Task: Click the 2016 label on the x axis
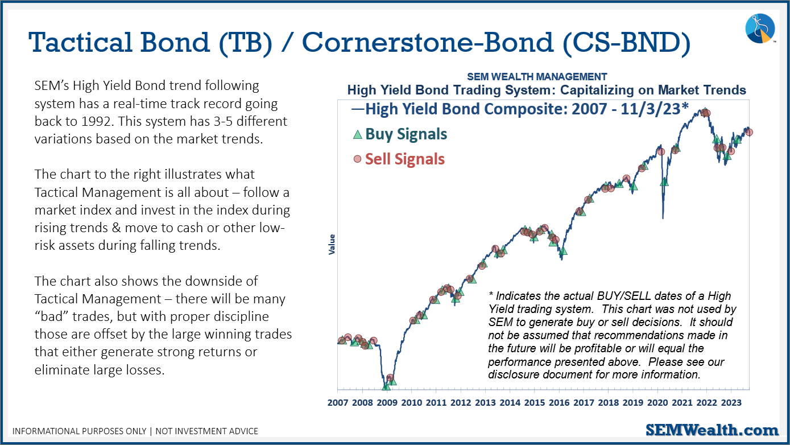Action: (x=559, y=403)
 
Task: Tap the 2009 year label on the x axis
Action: (x=387, y=403)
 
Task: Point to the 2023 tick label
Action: (x=731, y=403)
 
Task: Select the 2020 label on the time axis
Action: (x=657, y=403)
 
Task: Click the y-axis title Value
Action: (x=332, y=244)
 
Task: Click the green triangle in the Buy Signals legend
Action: (x=358, y=134)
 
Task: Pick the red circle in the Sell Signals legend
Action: (x=358, y=159)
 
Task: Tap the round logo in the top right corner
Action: (x=760, y=28)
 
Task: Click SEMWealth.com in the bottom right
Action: (x=712, y=430)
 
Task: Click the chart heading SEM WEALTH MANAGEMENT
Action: (x=537, y=77)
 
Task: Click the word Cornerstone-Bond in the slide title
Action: (x=428, y=42)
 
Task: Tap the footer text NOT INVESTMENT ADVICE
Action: (x=206, y=431)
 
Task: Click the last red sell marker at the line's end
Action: (x=749, y=133)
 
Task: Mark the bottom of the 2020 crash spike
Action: (x=663, y=219)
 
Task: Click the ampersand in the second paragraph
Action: (x=116, y=228)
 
